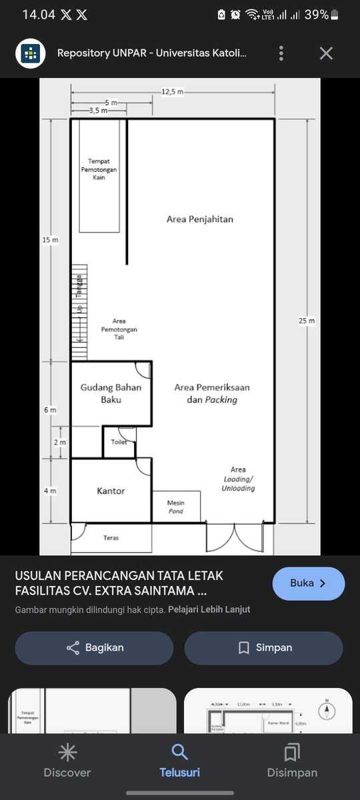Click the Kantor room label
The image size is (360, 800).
(x=111, y=491)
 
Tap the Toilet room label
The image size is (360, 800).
(x=119, y=442)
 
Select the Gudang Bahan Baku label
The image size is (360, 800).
(x=111, y=393)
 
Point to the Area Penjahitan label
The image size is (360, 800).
(x=200, y=219)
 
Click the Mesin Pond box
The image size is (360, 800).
(x=176, y=507)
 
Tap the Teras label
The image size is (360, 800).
(x=111, y=537)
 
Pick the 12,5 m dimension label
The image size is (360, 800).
(x=172, y=91)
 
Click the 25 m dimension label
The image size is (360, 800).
(x=307, y=321)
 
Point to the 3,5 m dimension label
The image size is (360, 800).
(x=98, y=111)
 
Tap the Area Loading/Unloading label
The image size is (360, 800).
(x=238, y=479)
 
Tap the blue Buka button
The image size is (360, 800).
(x=308, y=583)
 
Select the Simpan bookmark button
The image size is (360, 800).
(x=263, y=647)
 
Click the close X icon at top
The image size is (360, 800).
(x=326, y=53)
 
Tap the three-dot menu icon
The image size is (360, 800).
(x=282, y=53)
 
